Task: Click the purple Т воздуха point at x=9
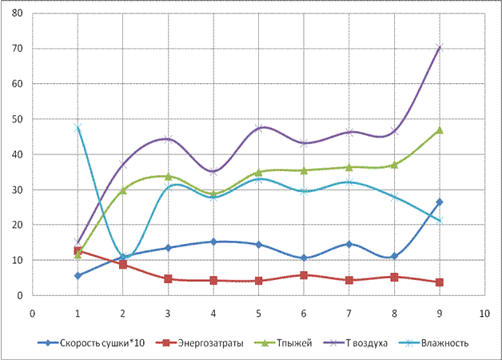click(439, 48)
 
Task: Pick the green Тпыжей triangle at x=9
click(439, 130)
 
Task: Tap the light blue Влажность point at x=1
click(78, 128)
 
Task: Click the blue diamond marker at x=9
click(439, 202)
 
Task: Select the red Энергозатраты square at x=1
click(78, 251)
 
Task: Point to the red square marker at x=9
click(439, 282)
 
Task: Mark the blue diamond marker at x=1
click(78, 276)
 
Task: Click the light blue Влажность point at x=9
click(439, 220)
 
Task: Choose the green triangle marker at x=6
click(303, 170)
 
